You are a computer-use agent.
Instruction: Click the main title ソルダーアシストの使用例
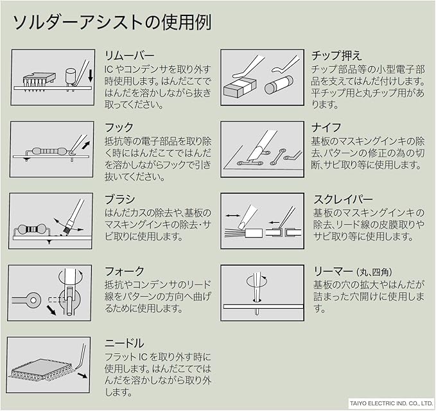tap(112, 22)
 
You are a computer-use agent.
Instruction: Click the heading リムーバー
tap(129, 55)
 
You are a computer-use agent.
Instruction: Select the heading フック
tap(119, 127)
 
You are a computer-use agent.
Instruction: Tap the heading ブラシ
tap(119, 199)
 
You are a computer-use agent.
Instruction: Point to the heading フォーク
tap(124, 271)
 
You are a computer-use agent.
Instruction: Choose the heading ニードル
tap(124, 343)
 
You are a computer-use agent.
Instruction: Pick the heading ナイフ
tap(326, 127)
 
